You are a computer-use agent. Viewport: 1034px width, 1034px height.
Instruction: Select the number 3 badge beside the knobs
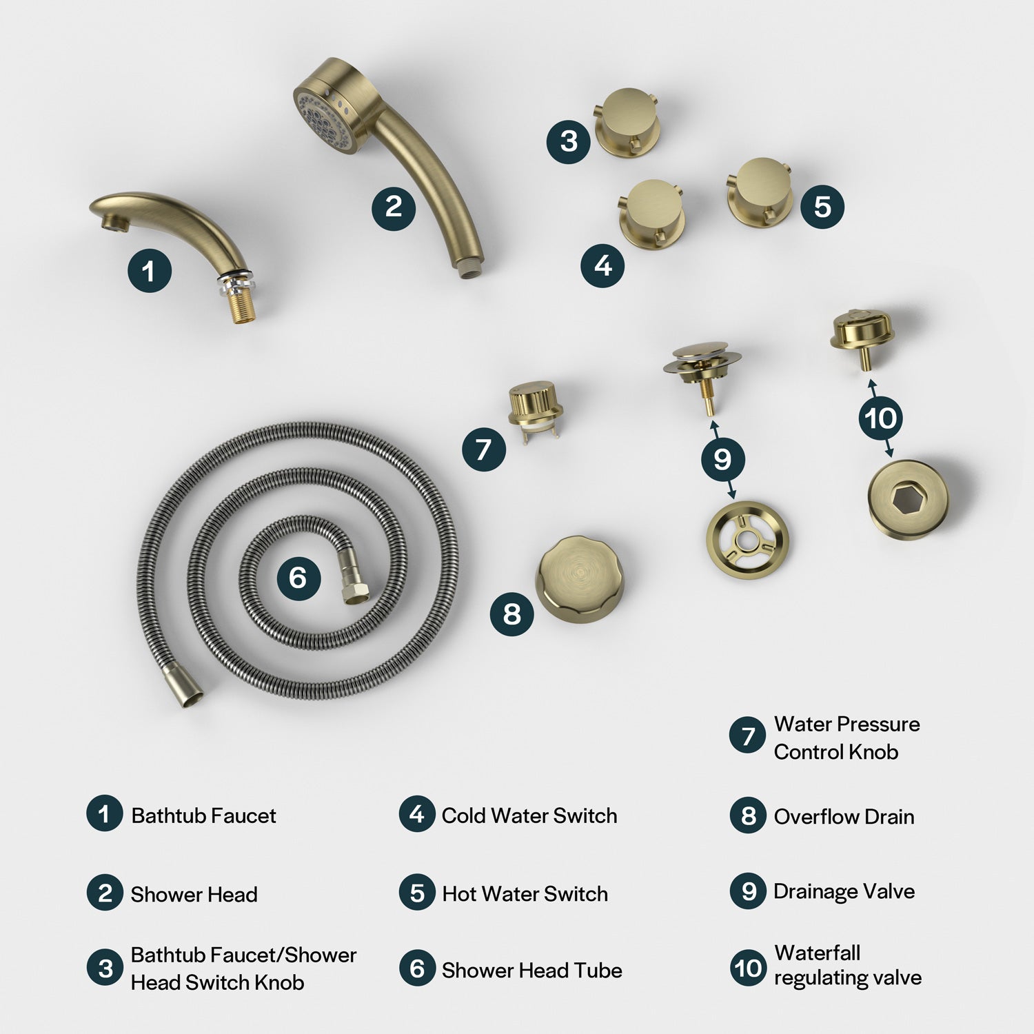pyautogui.click(x=569, y=141)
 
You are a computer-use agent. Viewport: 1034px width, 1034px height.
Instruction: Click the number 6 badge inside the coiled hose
pyautogui.click(x=298, y=578)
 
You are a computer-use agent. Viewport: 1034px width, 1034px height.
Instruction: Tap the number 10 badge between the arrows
pyautogui.click(x=880, y=418)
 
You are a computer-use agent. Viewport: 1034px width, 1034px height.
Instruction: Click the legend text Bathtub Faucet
pyautogui.click(x=203, y=815)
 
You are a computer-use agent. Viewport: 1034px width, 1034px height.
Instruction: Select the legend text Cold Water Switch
pyautogui.click(x=529, y=815)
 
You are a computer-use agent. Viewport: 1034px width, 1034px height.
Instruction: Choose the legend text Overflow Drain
pyautogui.click(x=844, y=817)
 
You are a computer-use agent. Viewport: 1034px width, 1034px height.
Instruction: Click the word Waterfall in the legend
pyautogui.click(x=818, y=953)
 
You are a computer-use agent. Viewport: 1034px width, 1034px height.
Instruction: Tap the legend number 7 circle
pyautogui.click(x=748, y=736)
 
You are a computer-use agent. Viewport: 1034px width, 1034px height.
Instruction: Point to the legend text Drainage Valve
pyautogui.click(x=844, y=891)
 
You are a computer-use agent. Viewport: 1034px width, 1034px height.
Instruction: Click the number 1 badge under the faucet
pyautogui.click(x=150, y=271)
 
